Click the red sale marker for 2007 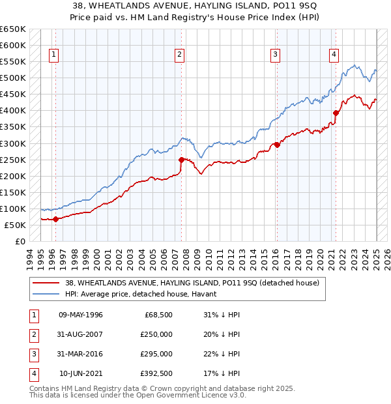[181, 160]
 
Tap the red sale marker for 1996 [55, 219]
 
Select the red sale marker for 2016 [276, 145]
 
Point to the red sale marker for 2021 [336, 113]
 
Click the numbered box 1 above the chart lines [53, 55]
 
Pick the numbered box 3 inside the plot [276, 55]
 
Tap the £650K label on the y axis [12, 29]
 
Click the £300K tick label [12, 143]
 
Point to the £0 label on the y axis [20, 241]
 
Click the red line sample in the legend [46, 283]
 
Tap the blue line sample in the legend [46, 295]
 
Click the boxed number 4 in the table [33, 373]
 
